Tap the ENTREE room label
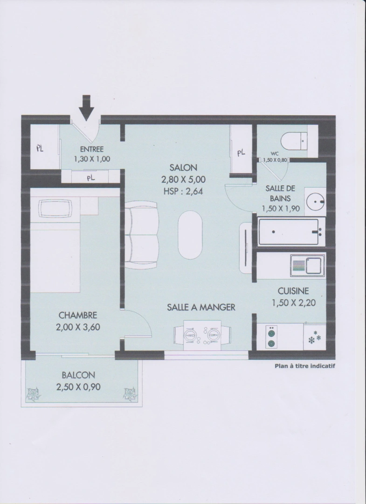tap(92, 149)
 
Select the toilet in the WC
tap(294, 140)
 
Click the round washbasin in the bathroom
tap(315, 202)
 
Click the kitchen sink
tap(308, 266)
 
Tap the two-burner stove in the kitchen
tap(272, 337)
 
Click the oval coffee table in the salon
tap(190, 235)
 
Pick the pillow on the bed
tap(55, 209)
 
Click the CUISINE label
tap(293, 291)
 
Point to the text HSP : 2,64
tap(183, 191)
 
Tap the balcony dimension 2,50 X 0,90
tap(79, 387)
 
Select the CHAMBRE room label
tap(78, 315)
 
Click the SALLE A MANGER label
tap(201, 307)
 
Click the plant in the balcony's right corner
tap(130, 394)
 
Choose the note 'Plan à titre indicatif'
tap(304, 366)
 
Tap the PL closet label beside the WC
tap(241, 153)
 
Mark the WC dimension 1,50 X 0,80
tap(275, 160)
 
